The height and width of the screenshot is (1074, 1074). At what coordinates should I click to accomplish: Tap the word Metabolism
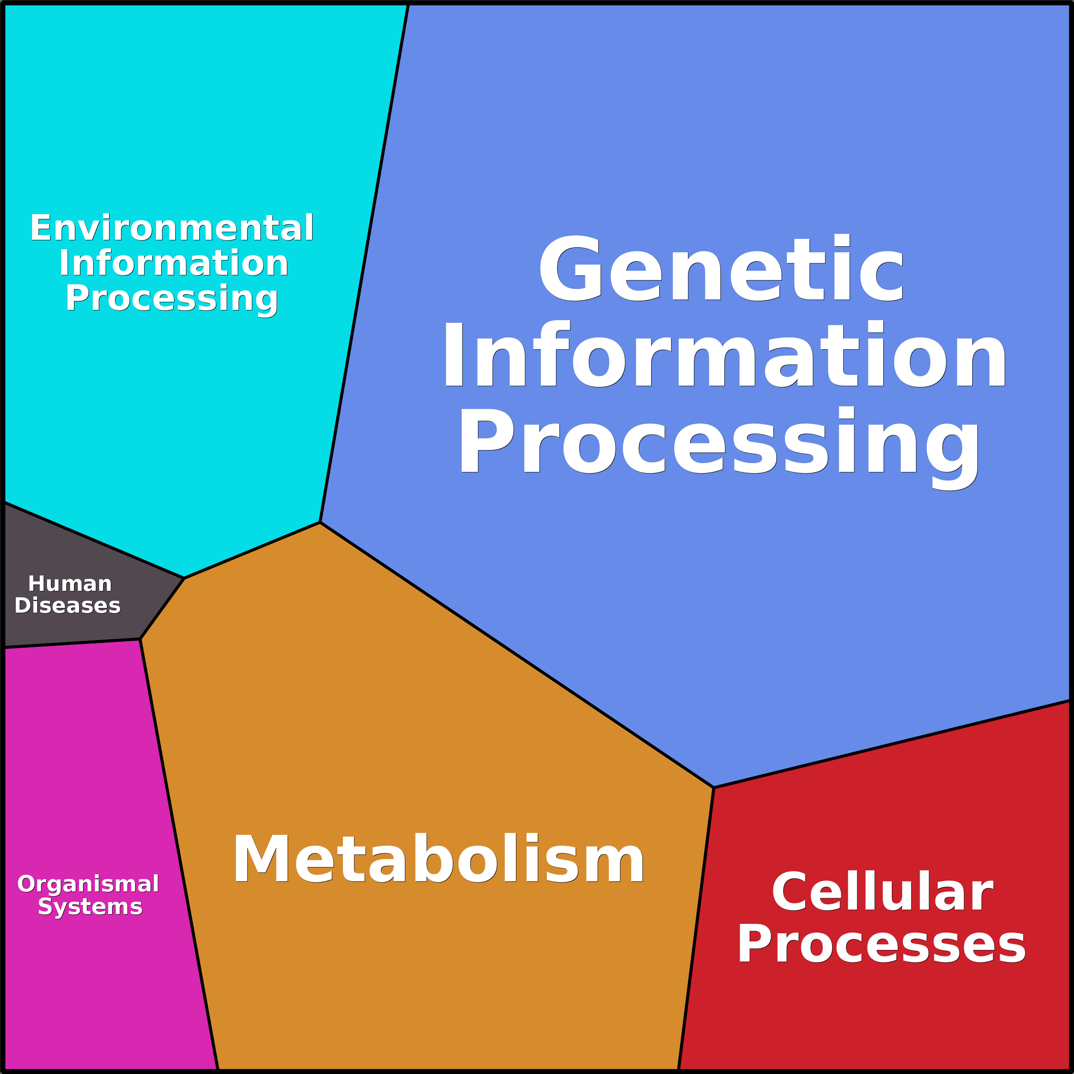[x=439, y=859]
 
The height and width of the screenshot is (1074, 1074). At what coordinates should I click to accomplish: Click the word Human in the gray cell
[x=70, y=584]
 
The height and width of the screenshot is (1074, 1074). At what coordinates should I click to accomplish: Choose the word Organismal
[x=89, y=883]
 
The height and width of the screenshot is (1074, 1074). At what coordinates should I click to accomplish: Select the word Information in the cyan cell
[x=174, y=263]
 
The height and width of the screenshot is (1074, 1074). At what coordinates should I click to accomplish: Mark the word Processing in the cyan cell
[x=172, y=298]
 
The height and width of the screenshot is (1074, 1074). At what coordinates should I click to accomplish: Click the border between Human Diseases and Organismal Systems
[x=72, y=643]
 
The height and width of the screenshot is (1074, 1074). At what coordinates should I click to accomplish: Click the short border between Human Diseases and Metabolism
[x=162, y=609]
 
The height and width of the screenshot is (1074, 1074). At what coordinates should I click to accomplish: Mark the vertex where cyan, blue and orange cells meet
[x=320, y=522]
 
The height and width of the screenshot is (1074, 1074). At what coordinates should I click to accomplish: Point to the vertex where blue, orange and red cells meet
[x=713, y=788]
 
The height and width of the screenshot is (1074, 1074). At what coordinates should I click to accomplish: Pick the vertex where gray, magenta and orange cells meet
[x=140, y=639]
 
